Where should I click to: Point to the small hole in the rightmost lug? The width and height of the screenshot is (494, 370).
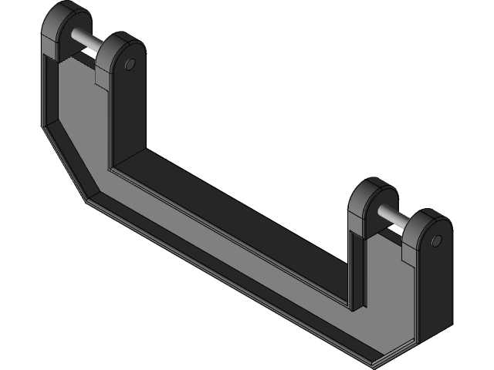coord(436,241)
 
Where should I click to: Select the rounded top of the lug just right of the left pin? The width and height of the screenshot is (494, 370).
coord(120,43)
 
